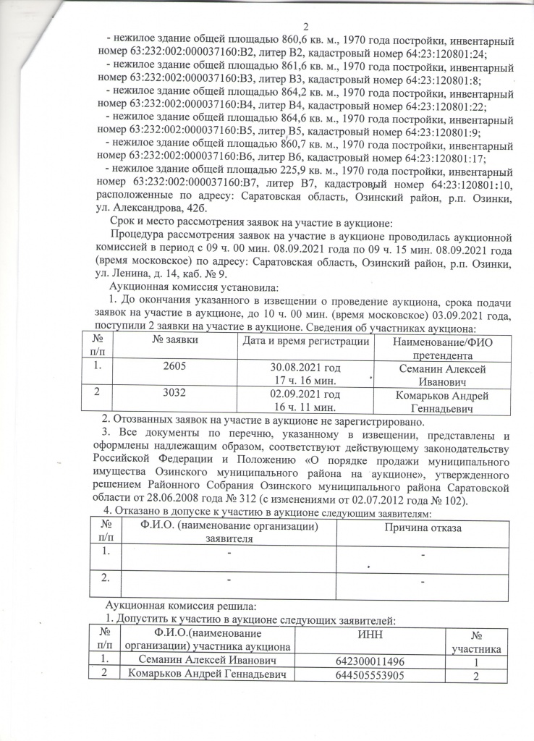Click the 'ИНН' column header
(x=365, y=635)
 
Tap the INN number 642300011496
(x=365, y=661)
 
